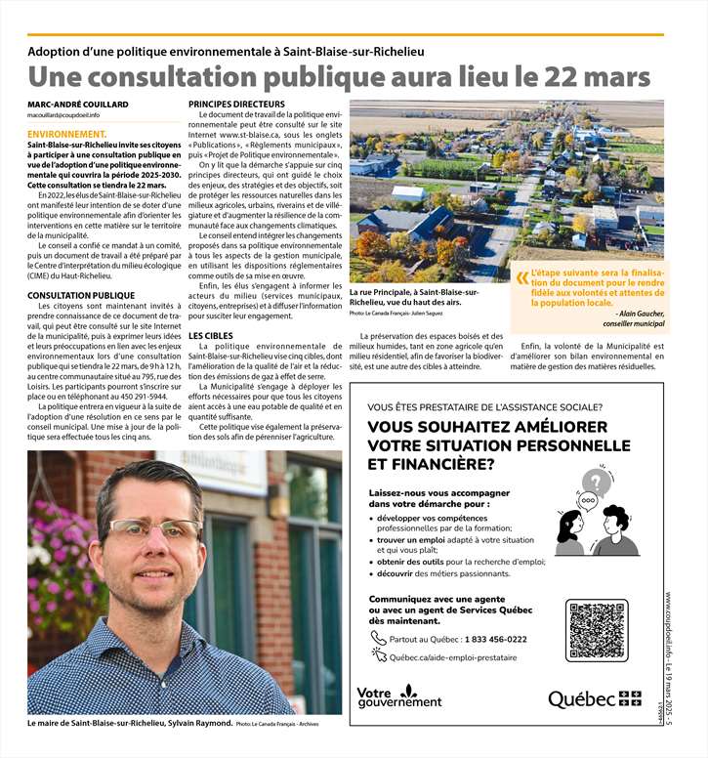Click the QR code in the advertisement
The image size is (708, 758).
click(x=595, y=631)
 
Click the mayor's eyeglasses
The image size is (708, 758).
click(x=155, y=529)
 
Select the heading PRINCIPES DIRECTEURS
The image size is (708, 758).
click(x=237, y=105)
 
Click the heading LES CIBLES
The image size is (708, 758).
click(x=211, y=336)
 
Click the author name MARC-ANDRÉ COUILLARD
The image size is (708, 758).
click(x=77, y=105)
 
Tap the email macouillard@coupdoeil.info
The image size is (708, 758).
click(x=63, y=116)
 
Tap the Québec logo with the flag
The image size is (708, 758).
click(x=594, y=698)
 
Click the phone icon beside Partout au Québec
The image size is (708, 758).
click(x=378, y=639)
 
